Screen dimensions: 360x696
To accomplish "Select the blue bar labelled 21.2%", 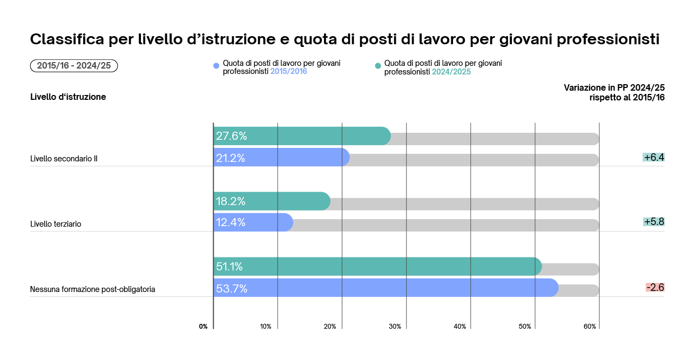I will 281,157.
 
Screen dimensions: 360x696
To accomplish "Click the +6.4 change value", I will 653,158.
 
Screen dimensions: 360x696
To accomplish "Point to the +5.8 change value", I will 653,222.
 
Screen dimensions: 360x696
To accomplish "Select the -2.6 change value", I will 654,287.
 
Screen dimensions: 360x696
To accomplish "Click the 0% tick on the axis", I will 203,327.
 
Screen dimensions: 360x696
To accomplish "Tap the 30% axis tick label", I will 395,327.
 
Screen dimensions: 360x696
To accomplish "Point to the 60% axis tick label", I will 590,327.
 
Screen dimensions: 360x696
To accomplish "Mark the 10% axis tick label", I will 265,327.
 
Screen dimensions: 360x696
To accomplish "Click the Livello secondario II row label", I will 64,159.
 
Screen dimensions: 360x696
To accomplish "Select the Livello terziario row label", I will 56,223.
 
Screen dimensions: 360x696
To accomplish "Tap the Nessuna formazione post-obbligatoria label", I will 92,289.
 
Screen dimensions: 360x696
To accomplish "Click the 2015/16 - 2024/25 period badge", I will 74,66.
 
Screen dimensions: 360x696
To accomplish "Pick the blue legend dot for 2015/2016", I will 217,66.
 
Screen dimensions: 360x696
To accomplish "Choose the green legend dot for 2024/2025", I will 378,66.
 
